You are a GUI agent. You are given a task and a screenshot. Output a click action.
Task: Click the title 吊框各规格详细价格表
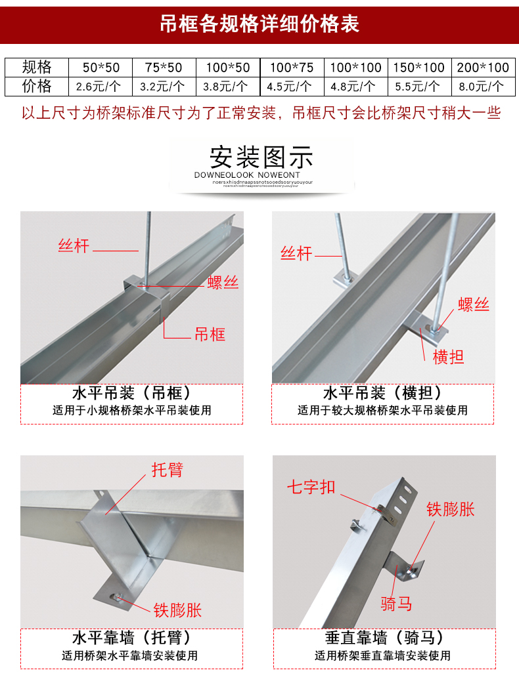pyautogui.click(x=259, y=24)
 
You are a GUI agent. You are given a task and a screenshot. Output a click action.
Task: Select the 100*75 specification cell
pyautogui.click(x=291, y=68)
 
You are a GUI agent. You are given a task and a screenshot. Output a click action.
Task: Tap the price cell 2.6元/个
pyautogui.click(x=99, y=86)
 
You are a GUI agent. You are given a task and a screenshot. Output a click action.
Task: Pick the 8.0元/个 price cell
pyautogui.click(x=483, y=86)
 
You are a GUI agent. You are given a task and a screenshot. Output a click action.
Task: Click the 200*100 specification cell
pyautogui.click(x=483, y=68)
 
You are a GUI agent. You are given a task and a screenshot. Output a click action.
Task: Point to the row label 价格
pyautogui.click(x=36, y=86)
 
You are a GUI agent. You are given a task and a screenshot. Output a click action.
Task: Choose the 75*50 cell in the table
pyautogui.click(x=163, y=68)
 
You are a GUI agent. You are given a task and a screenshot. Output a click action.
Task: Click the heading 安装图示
pyautogui.click(x=261, y=157)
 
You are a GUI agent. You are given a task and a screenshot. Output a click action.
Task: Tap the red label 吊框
pyautogui.click(x=210, y=335)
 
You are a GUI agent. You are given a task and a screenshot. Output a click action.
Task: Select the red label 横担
pyautogui.click(x=449, y=358)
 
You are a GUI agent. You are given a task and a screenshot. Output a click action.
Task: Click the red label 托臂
pyautogui.click(x=167, y=470)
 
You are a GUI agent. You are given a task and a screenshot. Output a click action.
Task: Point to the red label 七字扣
pyautogui.click(x=311, y=487)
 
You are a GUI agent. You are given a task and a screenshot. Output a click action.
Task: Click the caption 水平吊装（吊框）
pyautogui.click(x=131, y=394)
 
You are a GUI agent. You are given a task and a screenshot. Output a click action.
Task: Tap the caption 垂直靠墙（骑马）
pyautogui.click(x=384, y=638)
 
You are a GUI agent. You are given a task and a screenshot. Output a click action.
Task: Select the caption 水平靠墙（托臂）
pyautogui.click(x=131, y=638)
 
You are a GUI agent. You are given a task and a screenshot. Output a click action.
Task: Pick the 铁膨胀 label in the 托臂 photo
pyautogui.click(x=177, y=610)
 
